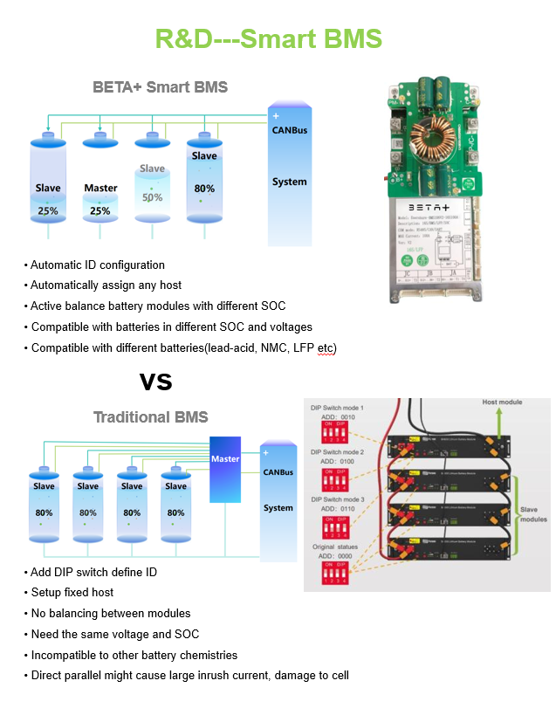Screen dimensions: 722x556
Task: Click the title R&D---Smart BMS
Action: tap(268, 39)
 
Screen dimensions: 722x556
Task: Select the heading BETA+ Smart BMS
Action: tap(160, 87)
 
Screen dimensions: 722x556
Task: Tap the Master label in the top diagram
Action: tap(100, 188)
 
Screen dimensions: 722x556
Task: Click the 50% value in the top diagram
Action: tap(152, 197)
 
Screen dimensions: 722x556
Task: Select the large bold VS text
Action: tap(156, 382)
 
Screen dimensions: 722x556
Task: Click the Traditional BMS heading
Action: tap(150, 417)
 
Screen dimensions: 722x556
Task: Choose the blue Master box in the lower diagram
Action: tap(225, 468)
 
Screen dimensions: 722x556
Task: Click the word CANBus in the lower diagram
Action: tap(278, 473)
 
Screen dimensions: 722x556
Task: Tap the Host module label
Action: tap(503, 402)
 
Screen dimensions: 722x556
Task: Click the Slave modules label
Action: tap(528, 515)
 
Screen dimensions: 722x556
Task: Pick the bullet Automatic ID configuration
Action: tap(98, 265)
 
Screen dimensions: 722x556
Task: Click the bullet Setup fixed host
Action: tap(72, 593)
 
